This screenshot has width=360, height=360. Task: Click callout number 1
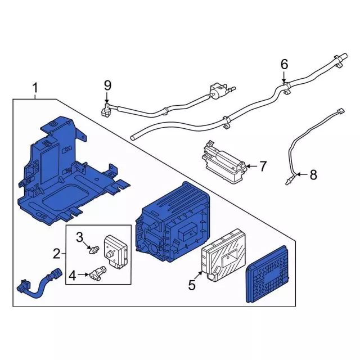[x=35, y=88]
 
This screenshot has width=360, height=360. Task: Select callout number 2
[x=56, y=254]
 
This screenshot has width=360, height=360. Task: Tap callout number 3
[x=80, y=235]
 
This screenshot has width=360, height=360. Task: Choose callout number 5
[x=192, y=286]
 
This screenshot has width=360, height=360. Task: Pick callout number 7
[x=264, y=166]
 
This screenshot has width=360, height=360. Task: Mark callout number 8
[x=313, y=175]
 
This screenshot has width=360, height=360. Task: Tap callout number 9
[x=107, y=85]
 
